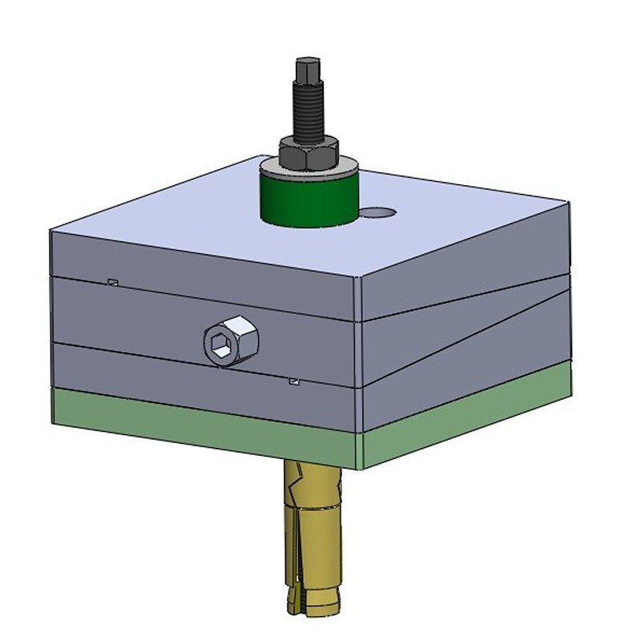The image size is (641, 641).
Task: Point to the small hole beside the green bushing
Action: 377,212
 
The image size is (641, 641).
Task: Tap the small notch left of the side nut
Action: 113,281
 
